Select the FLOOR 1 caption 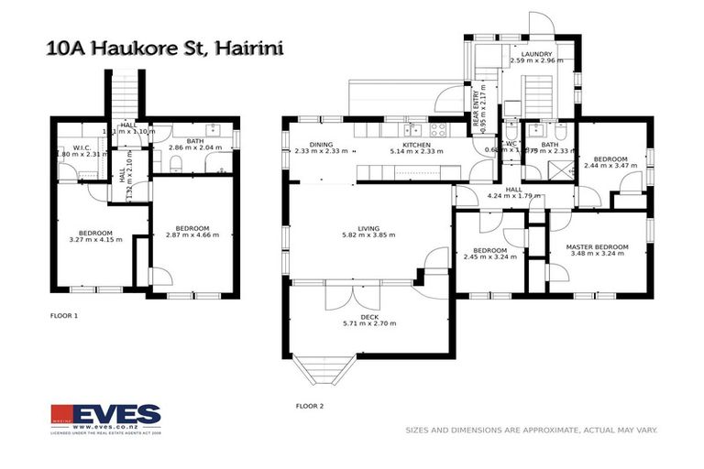point(64,314)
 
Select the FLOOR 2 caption point(309,405)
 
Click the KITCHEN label point(416,144)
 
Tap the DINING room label point(321,144)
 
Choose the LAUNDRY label point(536,54)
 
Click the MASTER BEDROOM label point(597,246)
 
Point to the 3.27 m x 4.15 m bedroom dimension point(94,239)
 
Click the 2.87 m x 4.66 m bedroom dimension point(192,235)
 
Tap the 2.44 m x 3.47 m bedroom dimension point(610,166)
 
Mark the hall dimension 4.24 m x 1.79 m point(513,196)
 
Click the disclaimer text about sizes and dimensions point(532,430)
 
